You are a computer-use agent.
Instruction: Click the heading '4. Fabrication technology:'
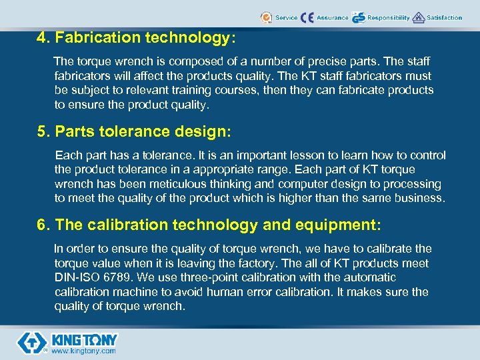(x=136, y=38)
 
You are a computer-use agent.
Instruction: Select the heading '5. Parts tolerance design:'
(x=134, y=132)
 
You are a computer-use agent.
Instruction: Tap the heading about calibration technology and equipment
(x=209, y=226)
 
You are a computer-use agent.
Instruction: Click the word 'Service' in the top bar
(x=286, y=17)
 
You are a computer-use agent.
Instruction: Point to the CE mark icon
(x=307, y=17)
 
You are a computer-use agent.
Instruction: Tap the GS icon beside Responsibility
(x=359, y=17)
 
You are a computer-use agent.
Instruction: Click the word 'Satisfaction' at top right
(x=444, y=17)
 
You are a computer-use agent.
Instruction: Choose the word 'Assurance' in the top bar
(x=332, y=17)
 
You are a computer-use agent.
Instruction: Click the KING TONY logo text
(x=84, y=339)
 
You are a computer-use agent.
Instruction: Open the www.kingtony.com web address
(x=83, y=351)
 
